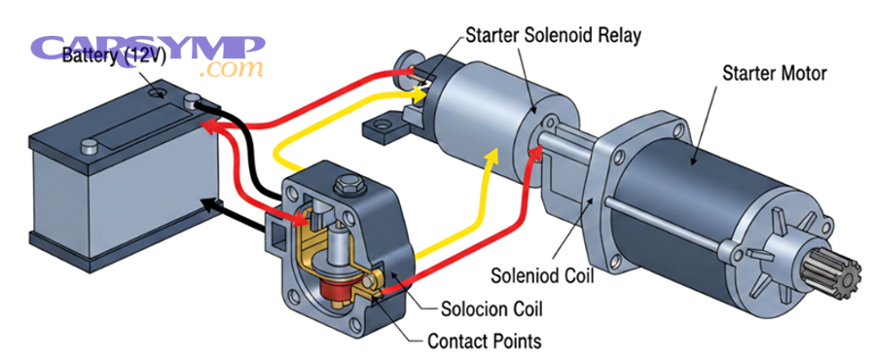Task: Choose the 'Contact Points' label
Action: (x=484, y=342)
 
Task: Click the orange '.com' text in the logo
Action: (x=231, y=70)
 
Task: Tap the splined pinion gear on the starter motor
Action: (x=840, y=281)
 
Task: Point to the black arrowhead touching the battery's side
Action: (x=206, y=204)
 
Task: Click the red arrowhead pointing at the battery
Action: (x=206, y=126)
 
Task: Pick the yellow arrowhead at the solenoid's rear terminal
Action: (x=420, y=94)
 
